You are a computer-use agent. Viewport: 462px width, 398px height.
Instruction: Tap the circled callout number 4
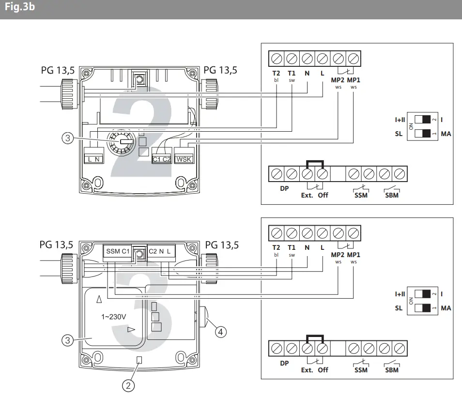coord(220,332)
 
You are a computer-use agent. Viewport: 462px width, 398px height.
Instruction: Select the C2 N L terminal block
coord(160,251)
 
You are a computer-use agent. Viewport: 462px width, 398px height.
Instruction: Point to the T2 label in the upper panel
coord(276,74)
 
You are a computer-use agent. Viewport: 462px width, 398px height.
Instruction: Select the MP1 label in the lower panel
coord(354,255)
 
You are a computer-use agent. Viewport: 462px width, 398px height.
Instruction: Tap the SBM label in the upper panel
coord(392,195)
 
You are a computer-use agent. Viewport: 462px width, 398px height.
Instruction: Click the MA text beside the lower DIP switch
coord(446,308)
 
